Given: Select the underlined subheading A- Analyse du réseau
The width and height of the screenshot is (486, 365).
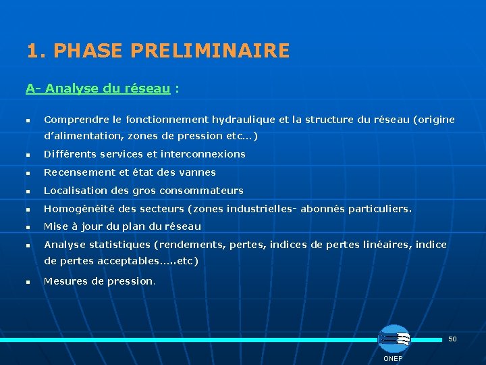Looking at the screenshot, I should click(x=98, y=89).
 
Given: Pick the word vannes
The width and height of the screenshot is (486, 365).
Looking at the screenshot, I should click(x=199, y=172).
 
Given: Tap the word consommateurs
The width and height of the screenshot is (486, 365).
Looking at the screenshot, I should click(x=202, y=191).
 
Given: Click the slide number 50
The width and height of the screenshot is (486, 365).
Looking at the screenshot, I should click(x=452, y=339).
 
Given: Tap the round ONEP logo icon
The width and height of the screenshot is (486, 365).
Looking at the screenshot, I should click(x=394, y=339).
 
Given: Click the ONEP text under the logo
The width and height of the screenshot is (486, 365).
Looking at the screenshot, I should click(x=393, y=358).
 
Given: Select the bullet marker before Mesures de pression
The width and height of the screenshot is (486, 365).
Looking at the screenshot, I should click(x=28, y=282).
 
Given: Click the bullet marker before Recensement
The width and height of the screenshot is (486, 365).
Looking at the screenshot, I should click(x=28, y=173).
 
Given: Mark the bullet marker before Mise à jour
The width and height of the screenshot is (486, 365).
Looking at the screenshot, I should click(x=28, y=227).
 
